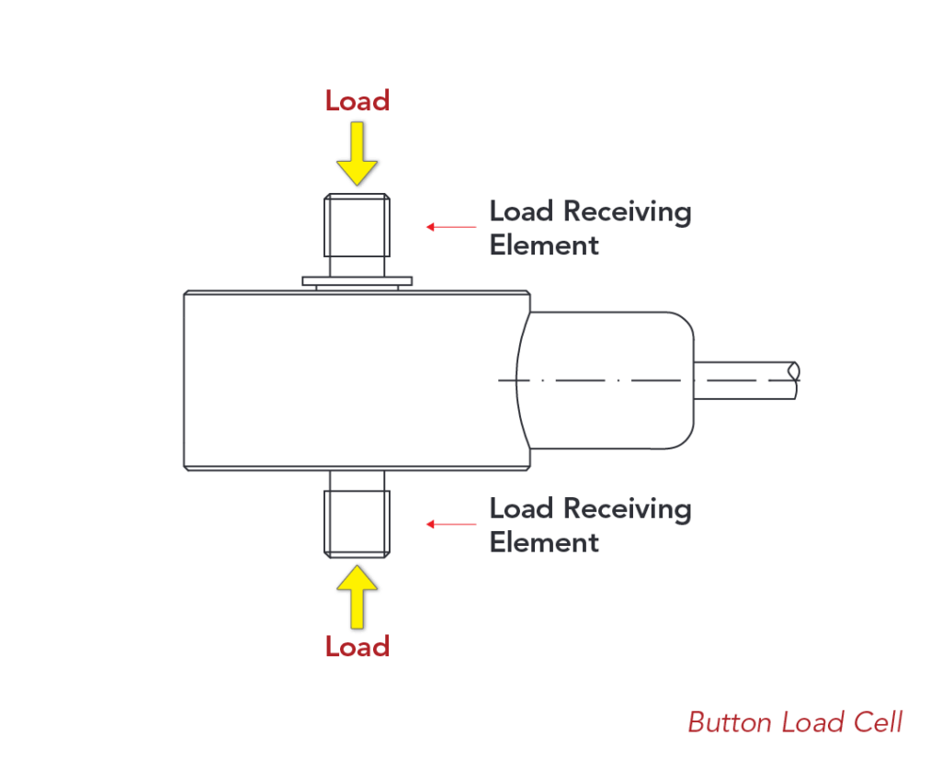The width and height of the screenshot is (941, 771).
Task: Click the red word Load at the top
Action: tap(357, 100)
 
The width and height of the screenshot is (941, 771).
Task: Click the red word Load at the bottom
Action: tap(357, 646)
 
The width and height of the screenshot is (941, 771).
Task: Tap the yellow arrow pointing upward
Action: tap(357, 595)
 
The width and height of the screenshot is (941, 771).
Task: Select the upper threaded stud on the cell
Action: tap(357, 226)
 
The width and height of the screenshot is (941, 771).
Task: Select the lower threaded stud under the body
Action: tap(357, 522)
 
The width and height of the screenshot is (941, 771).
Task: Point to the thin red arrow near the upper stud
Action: tap(451, 226)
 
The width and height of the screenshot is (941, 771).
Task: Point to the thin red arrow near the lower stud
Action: tap(451, 524)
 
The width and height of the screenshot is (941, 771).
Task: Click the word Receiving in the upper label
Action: tap(627, 212)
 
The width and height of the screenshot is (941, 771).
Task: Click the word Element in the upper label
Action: tap(544, 245)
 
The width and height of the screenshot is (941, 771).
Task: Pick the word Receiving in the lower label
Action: tap(627, 509)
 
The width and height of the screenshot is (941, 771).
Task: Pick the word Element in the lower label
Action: tap(544, 542)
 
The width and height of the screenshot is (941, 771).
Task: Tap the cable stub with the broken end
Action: tap(744, 380)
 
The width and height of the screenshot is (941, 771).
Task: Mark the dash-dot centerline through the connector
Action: tap(597, 380)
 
